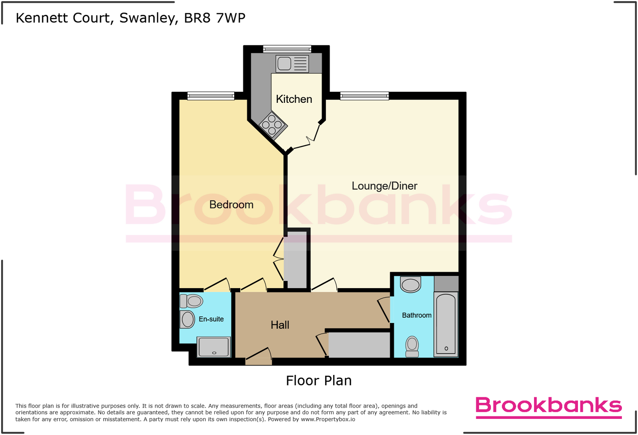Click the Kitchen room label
pyautogui.click(x=294, y=99)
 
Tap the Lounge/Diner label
pyautogui.click(x=384, y=186)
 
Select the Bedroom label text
pyautogui.click(x=231, y=205)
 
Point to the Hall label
pyautogui.click(x=280, y=325)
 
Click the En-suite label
pyautogui.click(x=211, y=319)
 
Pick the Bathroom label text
pyautogui.click(x=416, y=315)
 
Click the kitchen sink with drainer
pyautogui.click(x=292, y=64)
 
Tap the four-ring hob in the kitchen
pyautogui.click(x=273, y=125)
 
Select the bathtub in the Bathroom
pyautogui.click(x=446, y=324)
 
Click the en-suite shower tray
pyautogui.click(x=214, y=347)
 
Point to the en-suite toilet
pyautogui.click(x=192, y=301)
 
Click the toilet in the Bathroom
pyautogui.click(x=412, y=347)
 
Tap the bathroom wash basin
pyautogui.click(x=411, y=284)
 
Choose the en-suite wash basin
pyautogui.click(x=187, y=319)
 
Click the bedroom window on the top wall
pyautogui.click(x=211, y=96)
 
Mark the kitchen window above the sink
pyautogui.click(x=287, y=49)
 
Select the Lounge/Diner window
pyautogui.click(x=364, y=96)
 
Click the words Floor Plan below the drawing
pyautogui.click(x=319, y=381)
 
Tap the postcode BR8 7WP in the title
pyautogui.click(x=214, y=18)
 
